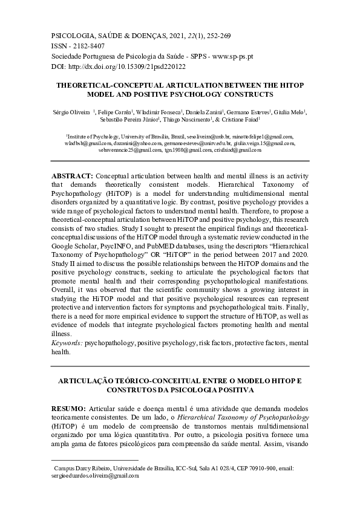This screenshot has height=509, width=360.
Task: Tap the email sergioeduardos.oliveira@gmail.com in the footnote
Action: pos(97,476)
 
